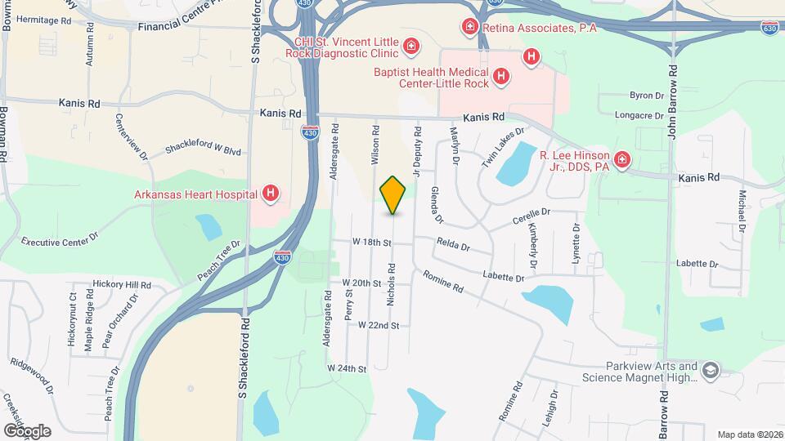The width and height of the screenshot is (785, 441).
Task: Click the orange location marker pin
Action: (x=392, y=195)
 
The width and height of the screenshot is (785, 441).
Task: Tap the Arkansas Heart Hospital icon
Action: (x=271, y=194)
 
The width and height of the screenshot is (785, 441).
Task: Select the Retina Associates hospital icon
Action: (x=470, y=28)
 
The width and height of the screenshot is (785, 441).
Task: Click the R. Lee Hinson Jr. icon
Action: (x=622, y=159)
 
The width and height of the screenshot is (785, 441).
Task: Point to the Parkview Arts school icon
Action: (x=710, y=371)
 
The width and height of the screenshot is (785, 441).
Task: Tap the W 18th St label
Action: (x=372, y=243)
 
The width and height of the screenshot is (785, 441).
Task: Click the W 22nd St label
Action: (x=378, y=325)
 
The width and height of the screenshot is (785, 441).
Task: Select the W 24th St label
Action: (x=347, y=369)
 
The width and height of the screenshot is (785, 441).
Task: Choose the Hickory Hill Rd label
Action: (x=122, y=285)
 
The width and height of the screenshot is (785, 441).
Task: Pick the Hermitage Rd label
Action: (x=43, y=20)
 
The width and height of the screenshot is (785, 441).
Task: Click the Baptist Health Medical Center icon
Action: (x=501, y=78)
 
